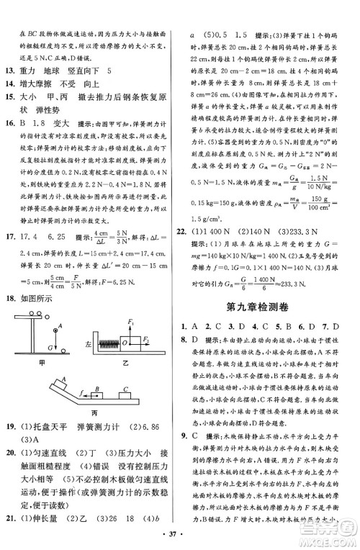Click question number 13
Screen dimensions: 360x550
[12, 69]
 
